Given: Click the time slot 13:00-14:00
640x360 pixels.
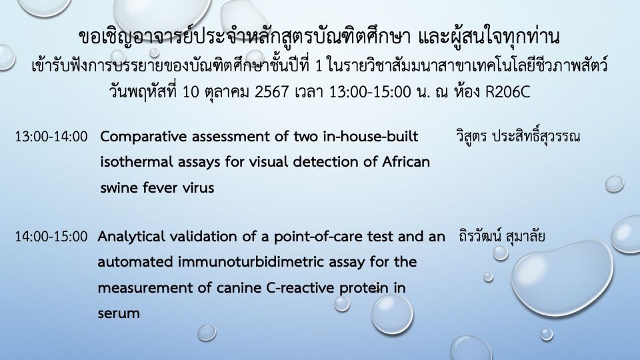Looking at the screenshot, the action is click(x=51, y=136).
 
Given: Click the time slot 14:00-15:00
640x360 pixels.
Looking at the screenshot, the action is click(x=51, y=237).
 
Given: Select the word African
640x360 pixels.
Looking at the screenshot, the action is click(x=406, y=162).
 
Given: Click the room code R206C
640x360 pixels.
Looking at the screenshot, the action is click(x=507, y=92).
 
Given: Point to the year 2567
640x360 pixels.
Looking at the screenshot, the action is click(x=272, y=92).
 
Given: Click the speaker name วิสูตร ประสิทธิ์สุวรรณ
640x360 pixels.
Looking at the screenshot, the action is click(x=517, y=136).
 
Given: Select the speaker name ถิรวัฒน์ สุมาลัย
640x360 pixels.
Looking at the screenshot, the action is click(x=501, y=236).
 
